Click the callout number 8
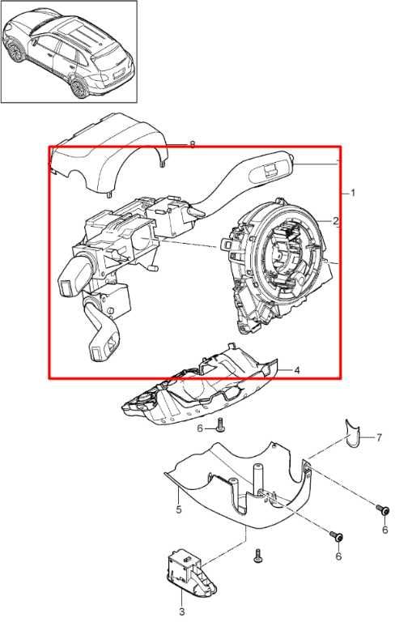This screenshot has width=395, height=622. pyautogui.click(x=193, y=145)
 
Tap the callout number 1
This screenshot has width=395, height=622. pyautogui.click(x=353, y=194)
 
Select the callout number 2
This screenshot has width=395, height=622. pyautogui.click(x=336, y=221)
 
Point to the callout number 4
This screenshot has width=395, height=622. pyautogui.click(x=296, y=370)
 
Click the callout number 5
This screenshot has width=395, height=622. pyautogui.click(x=179, y=509)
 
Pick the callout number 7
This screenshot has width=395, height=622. pyautogui.click(x=379, y=437)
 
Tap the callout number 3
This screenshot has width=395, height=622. pyautogui.click(x=182, y=612)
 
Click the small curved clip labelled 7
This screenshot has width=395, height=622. pyautogui.click(x=352, y=432)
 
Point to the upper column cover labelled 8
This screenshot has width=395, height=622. pyautogui.click(x=109, y=156)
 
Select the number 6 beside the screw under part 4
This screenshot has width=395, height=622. pyautogui.click(x=200, y=428)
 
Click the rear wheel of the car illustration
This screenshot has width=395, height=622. pyautogui.click(x=79, y=88)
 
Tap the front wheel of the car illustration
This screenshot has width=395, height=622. pyautogui.click(x=16, y=52)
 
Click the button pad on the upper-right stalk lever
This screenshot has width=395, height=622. pyautogui.click(x=271, y=169)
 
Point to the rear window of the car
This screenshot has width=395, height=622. pyautogui.click(x=110, y=60)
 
